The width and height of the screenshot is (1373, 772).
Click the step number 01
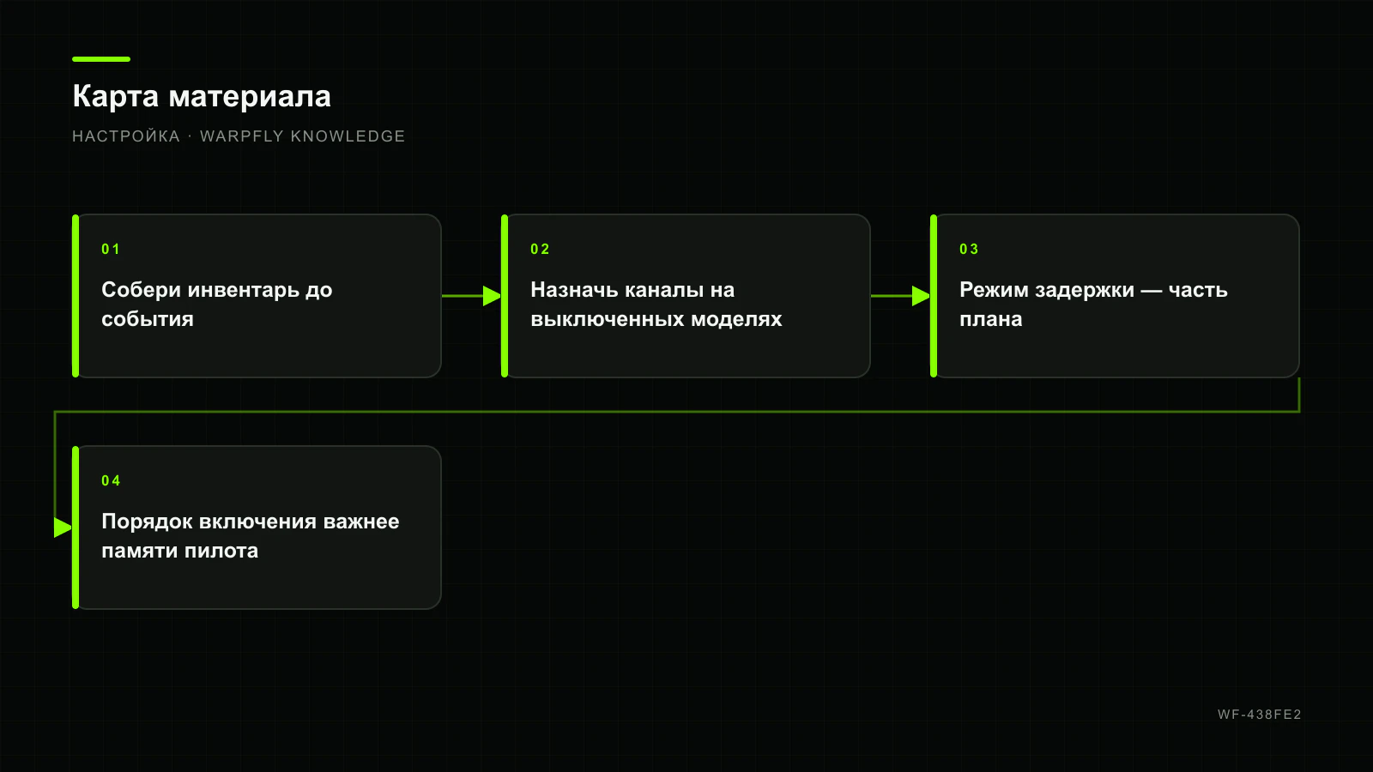(x=111, y=250)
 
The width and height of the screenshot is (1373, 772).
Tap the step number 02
(x=540, y=250)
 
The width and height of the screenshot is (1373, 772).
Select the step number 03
(x=969, y=250)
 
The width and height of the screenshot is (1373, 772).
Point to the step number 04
(x=111, y=481)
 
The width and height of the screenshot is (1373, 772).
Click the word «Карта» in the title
(x=115, y=97)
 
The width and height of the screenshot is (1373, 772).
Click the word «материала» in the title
(x=250, y=97)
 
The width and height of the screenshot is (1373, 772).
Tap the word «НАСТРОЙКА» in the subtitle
(x=125, y=136)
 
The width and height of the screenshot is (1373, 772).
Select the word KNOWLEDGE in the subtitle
(x=348, y=136)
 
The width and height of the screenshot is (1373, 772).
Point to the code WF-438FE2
(x=1260, y=715)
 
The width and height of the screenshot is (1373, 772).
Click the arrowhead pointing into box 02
(x=493, y=296)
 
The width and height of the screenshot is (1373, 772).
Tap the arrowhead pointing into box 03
(x=922, y=296)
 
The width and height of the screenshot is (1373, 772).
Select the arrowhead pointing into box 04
(x=64, y=528)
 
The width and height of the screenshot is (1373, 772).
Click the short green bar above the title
(x=101, y=59)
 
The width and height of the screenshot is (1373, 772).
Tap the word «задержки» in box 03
(x=1085, y=291)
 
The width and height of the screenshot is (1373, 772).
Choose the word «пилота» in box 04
(x=221, y=552)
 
